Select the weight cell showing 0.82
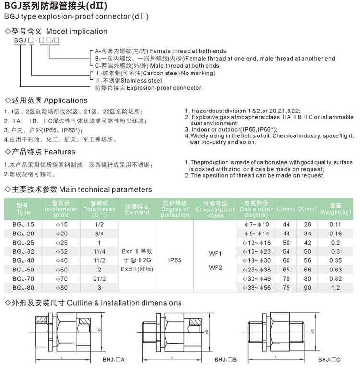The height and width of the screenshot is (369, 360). point(336,279)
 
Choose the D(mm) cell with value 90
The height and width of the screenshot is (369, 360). point(307,287)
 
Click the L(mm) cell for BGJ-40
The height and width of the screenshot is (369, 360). point(287,260)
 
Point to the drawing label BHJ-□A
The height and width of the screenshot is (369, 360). point(114,360)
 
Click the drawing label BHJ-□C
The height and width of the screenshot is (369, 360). point(329,360)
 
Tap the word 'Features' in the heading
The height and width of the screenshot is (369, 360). point(59,152)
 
